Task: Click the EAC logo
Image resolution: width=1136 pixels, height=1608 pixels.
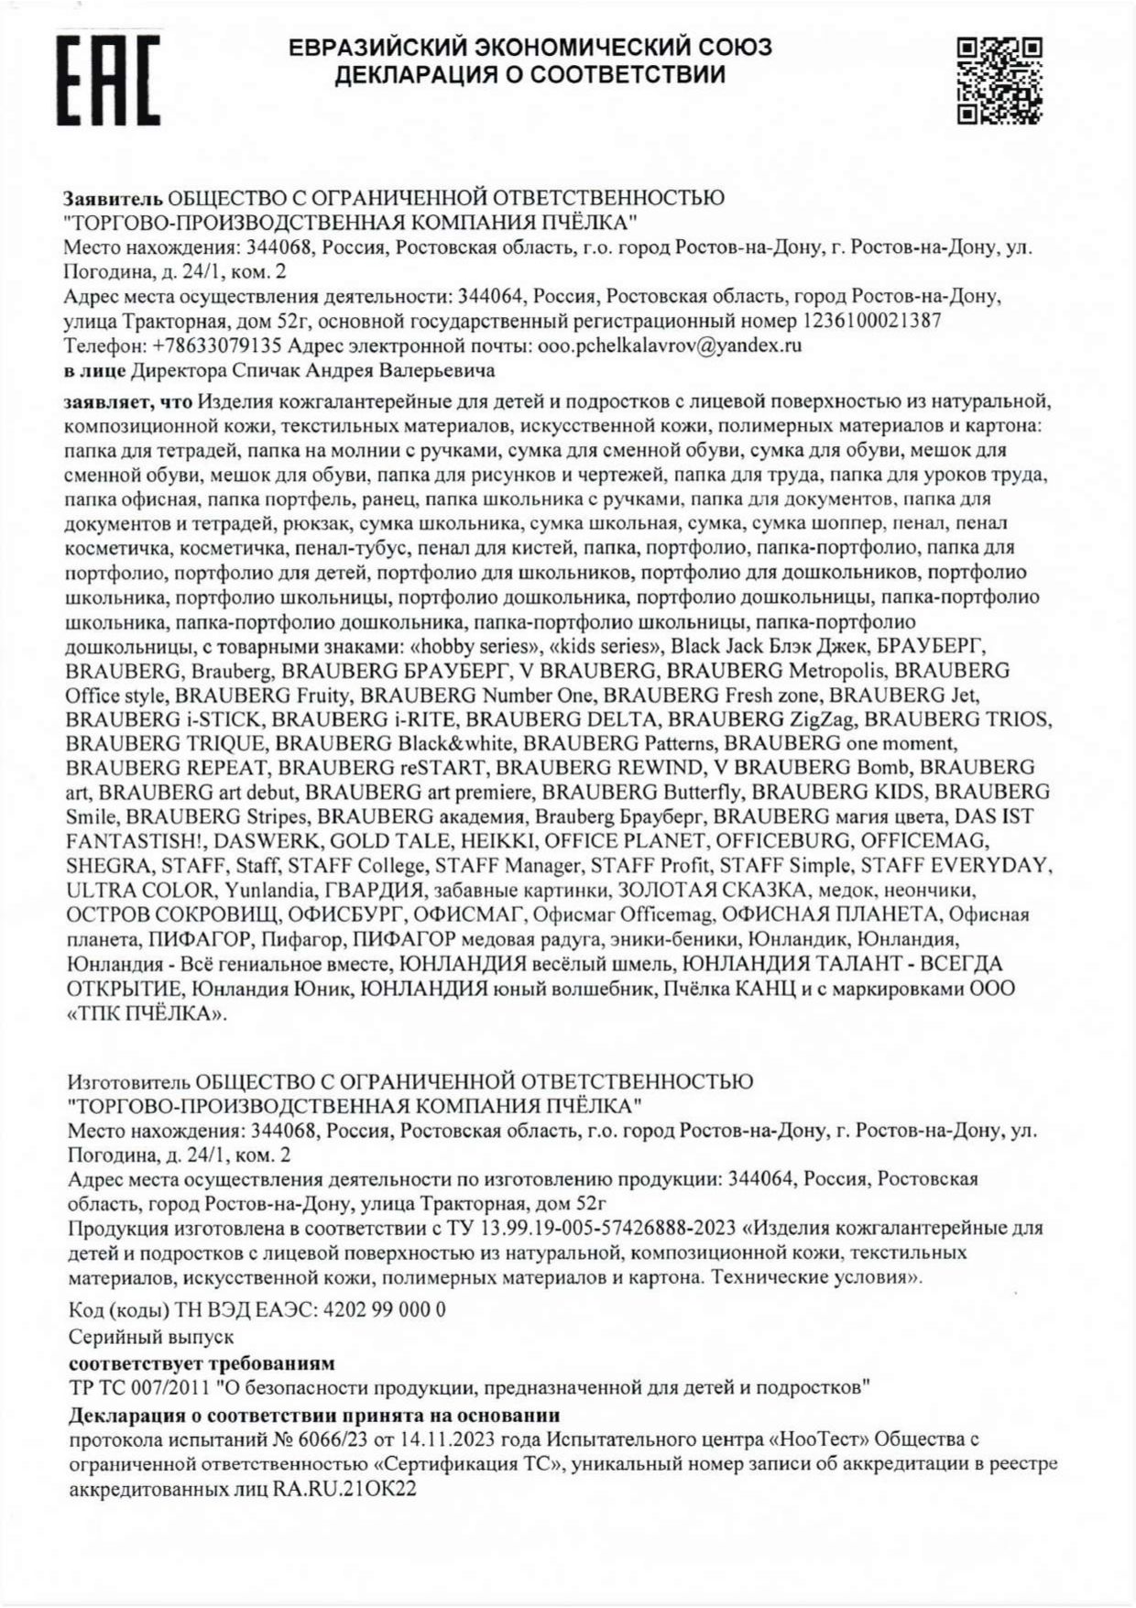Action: pyautogui.click(x=109, y=80)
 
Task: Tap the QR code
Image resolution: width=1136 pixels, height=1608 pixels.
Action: pyautogui.click(x=999, y=81)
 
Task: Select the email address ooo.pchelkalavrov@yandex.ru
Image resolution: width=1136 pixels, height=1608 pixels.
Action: pyautogui.click(x=668, y=345)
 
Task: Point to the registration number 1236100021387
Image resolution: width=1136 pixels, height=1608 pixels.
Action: pyautogui.click(x=872, y=321)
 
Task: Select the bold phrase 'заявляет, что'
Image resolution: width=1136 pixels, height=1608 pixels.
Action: pyautogui.click(x=128, y=401)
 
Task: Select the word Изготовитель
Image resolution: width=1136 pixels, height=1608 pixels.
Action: pyautogui.click(x=130, y=1081)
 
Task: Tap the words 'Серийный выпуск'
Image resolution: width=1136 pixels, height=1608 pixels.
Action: pyautogui.click(x=151, y=1337)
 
